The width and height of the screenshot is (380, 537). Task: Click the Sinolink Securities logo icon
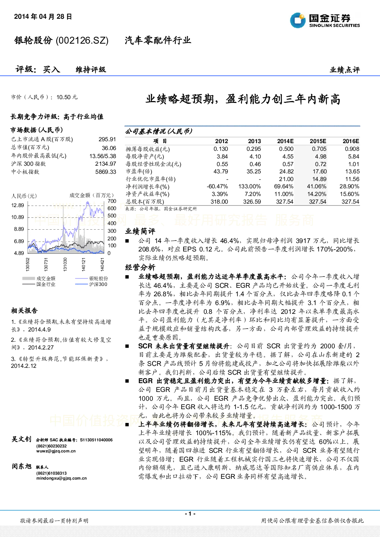click(298, 20)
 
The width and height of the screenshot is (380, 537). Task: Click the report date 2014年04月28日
click(43, 16)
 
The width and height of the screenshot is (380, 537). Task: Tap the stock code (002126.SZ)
click(82, 41)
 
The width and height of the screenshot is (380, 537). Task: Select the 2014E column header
click(285, 141)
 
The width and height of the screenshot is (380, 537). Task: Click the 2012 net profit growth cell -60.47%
click(217, 186)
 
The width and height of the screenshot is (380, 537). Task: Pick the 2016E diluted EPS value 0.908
click(352, 149)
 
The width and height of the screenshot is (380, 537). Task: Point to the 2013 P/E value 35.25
click(254, 171)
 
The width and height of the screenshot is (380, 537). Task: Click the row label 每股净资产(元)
click(145, 157)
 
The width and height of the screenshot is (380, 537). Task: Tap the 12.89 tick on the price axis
click(18, 205)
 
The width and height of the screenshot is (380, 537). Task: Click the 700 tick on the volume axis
click(112, 201)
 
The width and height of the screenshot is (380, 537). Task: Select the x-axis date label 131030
click(65, 264)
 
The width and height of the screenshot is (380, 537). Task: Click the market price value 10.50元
click(67, 97)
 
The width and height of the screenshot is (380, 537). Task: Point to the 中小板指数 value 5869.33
click(106, 172)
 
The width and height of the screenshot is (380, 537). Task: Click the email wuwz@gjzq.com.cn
click(56, 451)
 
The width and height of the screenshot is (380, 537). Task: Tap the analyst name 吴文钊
click(21, 439)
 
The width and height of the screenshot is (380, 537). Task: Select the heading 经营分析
click(140, 267)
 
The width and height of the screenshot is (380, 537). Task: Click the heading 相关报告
click(24, 311)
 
